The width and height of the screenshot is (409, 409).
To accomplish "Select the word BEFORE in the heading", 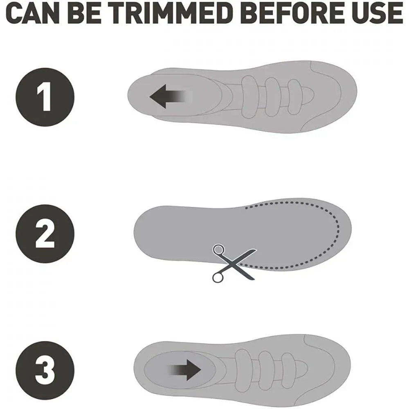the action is click(x=294, y=13).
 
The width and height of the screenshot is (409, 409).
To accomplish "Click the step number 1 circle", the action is click(x=45, y=97).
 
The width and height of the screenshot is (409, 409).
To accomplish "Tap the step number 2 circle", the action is click(x=45, y=234).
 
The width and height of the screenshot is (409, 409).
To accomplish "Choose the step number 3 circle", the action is click(x=45, y=371).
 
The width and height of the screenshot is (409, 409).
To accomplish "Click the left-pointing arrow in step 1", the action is click(x=171, y=96).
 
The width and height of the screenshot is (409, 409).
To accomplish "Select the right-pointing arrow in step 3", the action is click(x=184, y=370).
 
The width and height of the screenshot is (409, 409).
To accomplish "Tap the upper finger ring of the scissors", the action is click(x=218, y=249).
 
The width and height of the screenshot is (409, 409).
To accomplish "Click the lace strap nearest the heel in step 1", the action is click(x=249, y=97).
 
